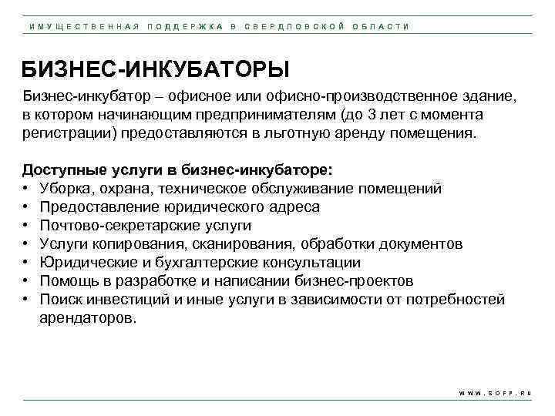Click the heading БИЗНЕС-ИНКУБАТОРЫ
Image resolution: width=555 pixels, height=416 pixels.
tap(155, 71)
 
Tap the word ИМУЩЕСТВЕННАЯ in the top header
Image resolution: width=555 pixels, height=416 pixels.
tap(82, 26)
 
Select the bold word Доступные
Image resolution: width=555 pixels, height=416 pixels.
tap(59, 169)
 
